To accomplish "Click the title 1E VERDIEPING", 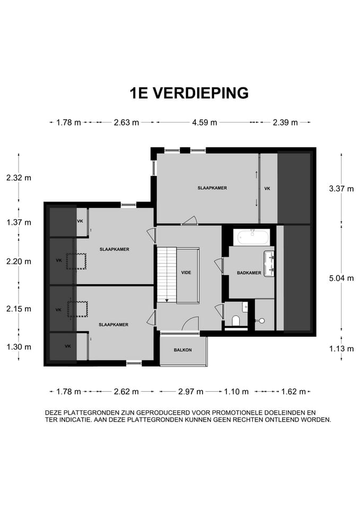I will tap(189, 93).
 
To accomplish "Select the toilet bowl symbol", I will tap(235, 320).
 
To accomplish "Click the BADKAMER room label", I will tap(249, 273).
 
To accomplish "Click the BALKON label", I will tap(182, 350).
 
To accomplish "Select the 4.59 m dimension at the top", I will tap(204, 122).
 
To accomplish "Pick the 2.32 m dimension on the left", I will tap(19, 178).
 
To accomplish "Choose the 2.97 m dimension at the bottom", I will tap(190, 392).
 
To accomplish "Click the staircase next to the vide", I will tap(166, 273).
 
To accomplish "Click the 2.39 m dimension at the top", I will tap(285, 122).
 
